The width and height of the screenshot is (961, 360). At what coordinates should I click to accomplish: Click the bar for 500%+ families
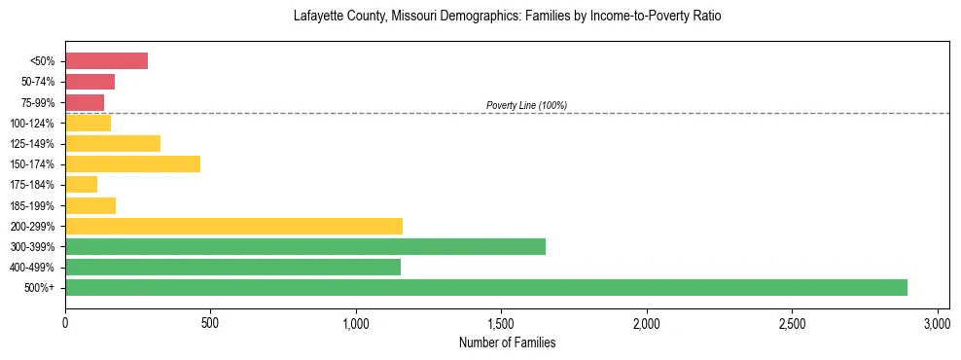click(x=486, y=287)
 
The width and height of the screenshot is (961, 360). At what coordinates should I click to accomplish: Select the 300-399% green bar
click(x=305, y=246)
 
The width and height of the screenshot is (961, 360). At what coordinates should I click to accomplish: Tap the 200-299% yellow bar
click(x=233, y=226)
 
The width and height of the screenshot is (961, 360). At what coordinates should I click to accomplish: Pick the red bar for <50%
click(x=106, y=61)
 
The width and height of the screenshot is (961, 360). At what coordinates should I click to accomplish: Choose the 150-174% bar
click(x=132, y=163)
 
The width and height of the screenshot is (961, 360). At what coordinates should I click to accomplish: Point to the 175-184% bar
click(x=81, y=184)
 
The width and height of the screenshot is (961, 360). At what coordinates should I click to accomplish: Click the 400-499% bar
click(x=232, y=267)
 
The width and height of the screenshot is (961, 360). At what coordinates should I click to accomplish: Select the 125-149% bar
click(x=113, y=143)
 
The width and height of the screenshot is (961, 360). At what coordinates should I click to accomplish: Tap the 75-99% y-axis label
click(x=40, y=102)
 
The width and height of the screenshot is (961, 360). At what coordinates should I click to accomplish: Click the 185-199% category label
click(x=35, y=205)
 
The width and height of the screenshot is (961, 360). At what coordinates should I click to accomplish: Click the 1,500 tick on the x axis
click(x=501, y=323)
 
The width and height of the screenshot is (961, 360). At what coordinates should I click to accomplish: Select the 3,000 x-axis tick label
click(x=937, y=323)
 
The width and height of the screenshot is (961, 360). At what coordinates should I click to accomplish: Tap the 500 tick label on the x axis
click(x=210, y=323)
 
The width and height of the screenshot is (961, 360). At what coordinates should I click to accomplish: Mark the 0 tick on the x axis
click(x=65, y=323)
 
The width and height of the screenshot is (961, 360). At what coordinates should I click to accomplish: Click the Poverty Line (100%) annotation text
click(x=526, y=105)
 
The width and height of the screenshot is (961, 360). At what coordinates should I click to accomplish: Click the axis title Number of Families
click(x=507, y=342)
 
